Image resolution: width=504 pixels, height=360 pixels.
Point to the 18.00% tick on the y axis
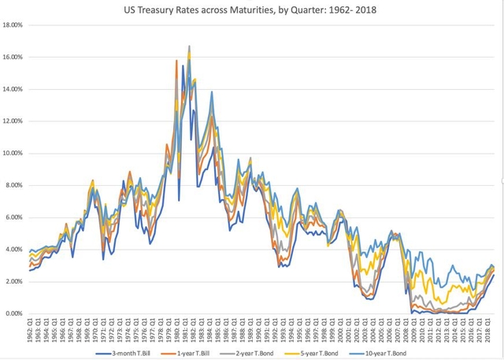tap(13, 25)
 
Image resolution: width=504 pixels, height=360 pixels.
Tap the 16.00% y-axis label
tap(13, 58)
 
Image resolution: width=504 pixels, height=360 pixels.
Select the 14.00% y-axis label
tap(13, 89)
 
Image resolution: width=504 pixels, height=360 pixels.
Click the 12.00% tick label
tap(13, 121)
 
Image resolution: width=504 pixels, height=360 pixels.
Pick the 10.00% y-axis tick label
tap(13, 154)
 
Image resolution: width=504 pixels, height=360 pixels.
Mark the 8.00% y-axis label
tap(15, 185)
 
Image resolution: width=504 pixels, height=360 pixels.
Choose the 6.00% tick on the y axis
tap(15, 217)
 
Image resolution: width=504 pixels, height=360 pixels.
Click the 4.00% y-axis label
tap(15, 250)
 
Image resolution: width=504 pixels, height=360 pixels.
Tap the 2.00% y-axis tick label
tap(15, 281)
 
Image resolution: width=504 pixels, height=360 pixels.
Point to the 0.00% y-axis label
tap(15, 314)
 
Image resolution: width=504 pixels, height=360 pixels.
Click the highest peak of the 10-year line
tap(190, 46)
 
